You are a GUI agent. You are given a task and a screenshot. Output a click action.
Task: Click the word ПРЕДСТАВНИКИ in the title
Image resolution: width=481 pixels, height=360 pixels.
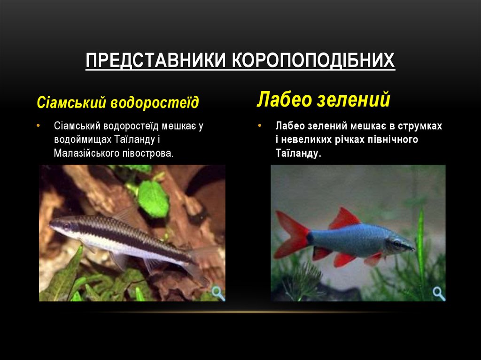pyautogui.click(x=155, y=60)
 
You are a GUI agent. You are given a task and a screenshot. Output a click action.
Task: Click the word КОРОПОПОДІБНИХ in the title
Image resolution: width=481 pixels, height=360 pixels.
pyautogui.click(x=313, y=60)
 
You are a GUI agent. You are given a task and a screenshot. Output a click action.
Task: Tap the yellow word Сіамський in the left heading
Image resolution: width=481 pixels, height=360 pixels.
pyautogui.click(x=71, y=102)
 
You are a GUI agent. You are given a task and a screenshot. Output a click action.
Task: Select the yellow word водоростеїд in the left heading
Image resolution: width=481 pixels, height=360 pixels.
pyautogui.click(x=155, y=102)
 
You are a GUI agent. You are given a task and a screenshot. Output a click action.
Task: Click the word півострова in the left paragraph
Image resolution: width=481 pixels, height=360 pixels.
pyautogui.click(x=148, y=153)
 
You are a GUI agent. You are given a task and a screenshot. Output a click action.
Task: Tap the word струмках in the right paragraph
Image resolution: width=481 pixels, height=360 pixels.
pyautogui.click(x=420, y=126)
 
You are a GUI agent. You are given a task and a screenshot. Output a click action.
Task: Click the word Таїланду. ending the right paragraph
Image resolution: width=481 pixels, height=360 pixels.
pyautogui.click(x=298, y=153)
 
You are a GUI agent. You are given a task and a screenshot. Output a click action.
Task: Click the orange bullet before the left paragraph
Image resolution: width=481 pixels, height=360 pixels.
pyautogui.click(x=38, y=126)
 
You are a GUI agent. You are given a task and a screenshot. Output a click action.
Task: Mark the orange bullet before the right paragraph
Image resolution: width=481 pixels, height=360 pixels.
pyautogui.click(x=259, y=126)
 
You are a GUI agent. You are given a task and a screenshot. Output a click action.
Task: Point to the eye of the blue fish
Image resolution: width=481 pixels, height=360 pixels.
pyautogui.click(x=397, y=244)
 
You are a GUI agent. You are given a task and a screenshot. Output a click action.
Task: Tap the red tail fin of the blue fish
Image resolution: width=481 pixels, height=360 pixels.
pyautogui.click(x=293, y=235)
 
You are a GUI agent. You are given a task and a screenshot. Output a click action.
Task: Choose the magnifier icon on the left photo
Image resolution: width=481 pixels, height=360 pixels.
pyautogui.click(x=218, y=293)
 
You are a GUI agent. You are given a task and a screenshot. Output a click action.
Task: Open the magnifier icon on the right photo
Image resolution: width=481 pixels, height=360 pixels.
pyautogui.click(x=439, y=293)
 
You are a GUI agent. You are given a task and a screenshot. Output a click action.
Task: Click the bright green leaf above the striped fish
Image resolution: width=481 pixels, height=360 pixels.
pyautogui.click(x=153, y=199)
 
